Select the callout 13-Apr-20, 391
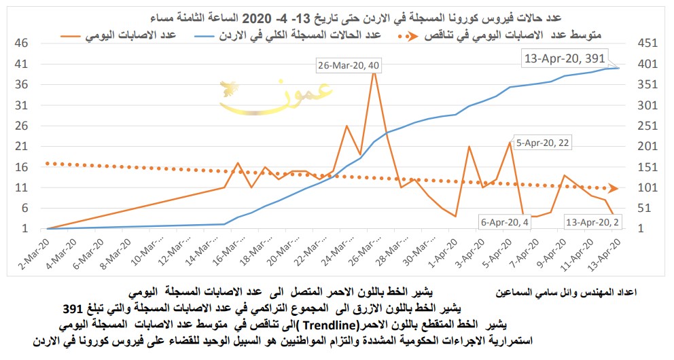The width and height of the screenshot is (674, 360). pyautogui.click(x=563, y=58)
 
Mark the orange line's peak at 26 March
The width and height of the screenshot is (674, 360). pyautogui.click(x=373, y=69)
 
